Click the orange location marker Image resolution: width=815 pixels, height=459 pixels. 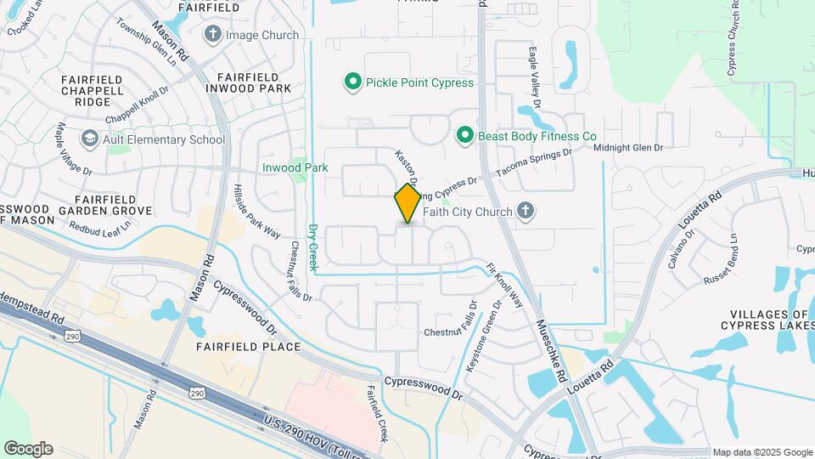pyautogui.click(x=407, y=203)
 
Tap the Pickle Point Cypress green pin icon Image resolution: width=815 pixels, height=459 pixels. pyautogui.click(x=352, y=82)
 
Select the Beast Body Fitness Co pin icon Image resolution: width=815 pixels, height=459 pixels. pyautogui.click(x=464, y=136)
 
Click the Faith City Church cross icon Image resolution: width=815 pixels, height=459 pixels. pyautogui.click(x=526, y=212)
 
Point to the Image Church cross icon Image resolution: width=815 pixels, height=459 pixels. pyautogui.click(x=212, y=35)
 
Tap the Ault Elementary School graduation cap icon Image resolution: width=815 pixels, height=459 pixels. pyautogui.click(x=89, y=139)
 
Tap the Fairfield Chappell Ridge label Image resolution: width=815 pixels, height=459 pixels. pyautogui.click(x=93, y=90)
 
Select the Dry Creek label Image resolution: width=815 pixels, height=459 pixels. pyautogui.click(x=313, y=248)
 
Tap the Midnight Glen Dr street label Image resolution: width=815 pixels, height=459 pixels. pyautogui.click(x=627, y=148)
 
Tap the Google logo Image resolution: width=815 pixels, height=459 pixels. pyautogui.click(x=28, y=449)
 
